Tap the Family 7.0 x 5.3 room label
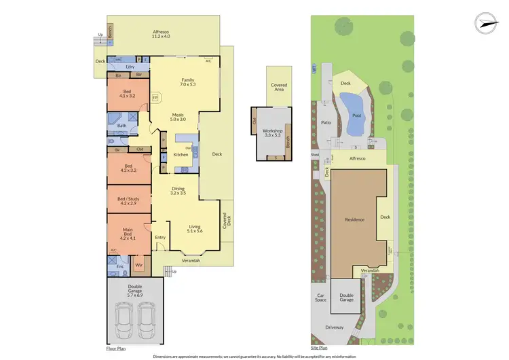tap(187, 82)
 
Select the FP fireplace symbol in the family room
tap(155, 98)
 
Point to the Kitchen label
tap(181, 155)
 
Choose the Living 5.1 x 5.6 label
tap(195, 229)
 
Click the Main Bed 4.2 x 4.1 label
tap(128, 233)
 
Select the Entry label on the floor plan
tap(160, 237)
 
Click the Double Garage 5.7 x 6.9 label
tap(135, 293)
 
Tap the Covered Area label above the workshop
tap(279, 87)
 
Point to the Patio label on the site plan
tap(324, 122)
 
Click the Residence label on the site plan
tap(354, 219)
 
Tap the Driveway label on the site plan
tap(335, 327)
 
